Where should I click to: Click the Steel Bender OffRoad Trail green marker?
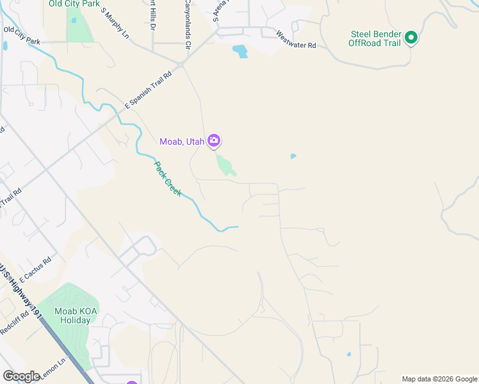[x=411, y=38]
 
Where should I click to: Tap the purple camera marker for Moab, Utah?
[x=214, y=141]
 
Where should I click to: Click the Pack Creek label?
[x=167, y=179]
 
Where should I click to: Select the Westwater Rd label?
[x=296, y=40]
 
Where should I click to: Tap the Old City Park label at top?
[x=74, y=4]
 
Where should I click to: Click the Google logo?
[x=21, y=376]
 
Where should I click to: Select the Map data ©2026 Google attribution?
[x=439, y=379]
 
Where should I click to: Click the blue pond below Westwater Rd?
[x=240, y=51]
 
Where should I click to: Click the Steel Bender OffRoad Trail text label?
[x=375, y=38]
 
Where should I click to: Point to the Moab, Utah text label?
[x=182, y=141]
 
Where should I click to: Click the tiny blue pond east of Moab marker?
[x=293, y=156]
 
